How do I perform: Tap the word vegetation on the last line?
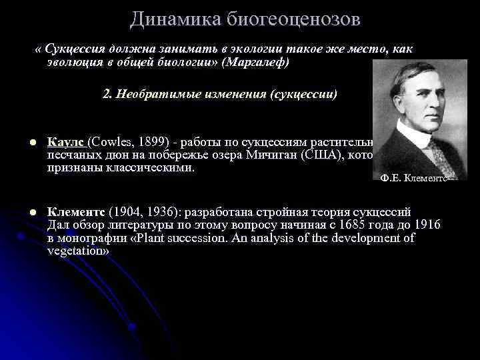pos(77,251)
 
